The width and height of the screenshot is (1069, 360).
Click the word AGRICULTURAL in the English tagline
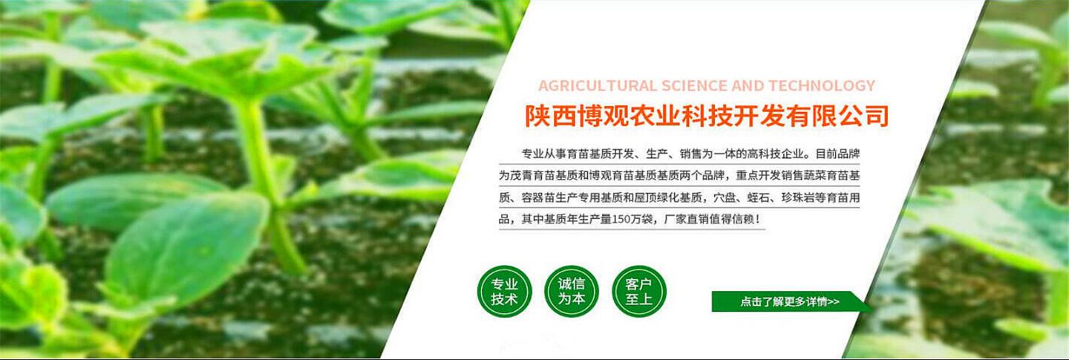598,86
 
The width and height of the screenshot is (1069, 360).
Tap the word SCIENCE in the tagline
694,86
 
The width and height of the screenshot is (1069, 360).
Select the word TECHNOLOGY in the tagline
821,86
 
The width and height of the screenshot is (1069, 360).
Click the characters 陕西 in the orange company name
551,116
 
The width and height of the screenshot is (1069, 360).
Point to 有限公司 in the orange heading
837,116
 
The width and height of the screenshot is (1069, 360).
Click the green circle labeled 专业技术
505,291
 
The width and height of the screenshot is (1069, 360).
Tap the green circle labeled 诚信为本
572,291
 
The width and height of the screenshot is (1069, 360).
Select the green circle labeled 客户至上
638,291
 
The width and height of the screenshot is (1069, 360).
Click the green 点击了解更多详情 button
790,301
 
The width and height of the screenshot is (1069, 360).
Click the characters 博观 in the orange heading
603,116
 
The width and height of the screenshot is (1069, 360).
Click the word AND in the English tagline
748,86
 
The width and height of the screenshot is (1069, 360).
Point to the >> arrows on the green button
833,302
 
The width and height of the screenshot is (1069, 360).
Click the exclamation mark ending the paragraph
758,219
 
